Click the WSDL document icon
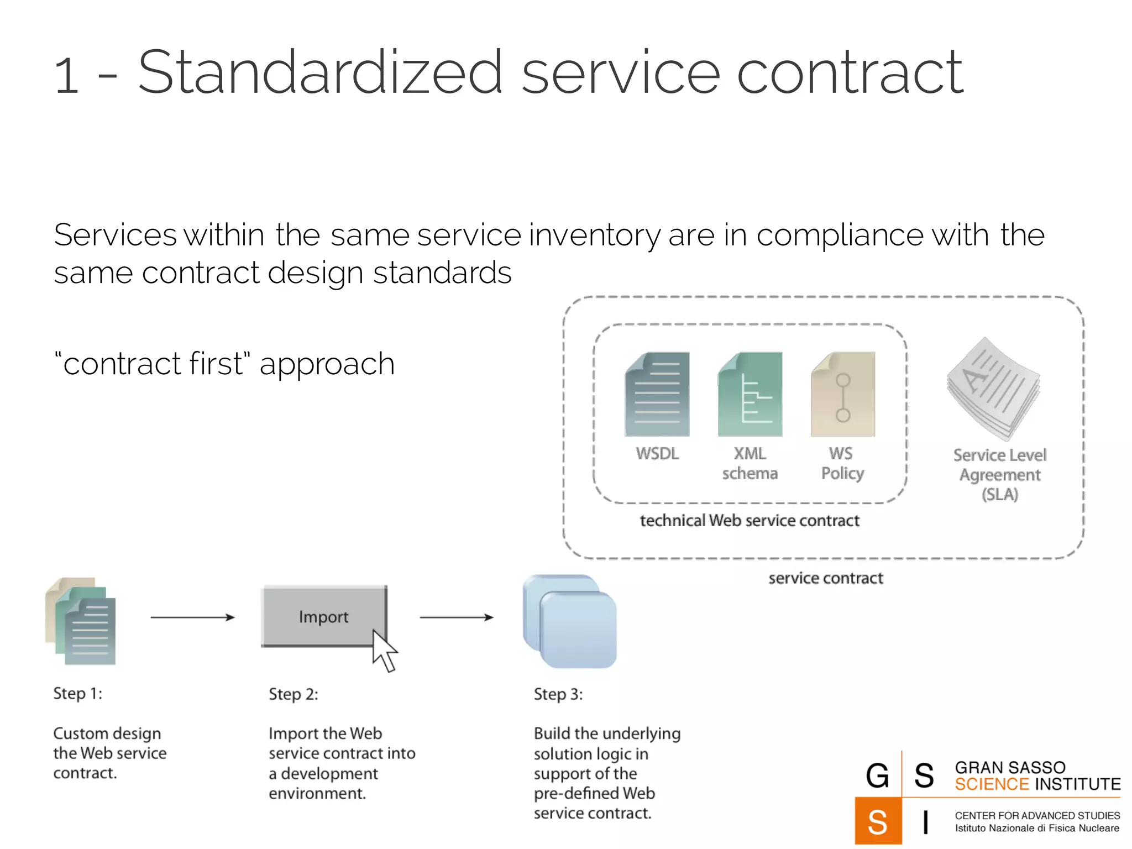click(657, 394)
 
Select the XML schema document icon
click(750, 394)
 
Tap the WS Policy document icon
click(842, 394)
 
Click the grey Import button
click(323, 616)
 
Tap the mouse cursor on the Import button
click(384, 651)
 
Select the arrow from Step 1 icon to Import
click(192, 617)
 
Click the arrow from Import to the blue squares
click(457, 617)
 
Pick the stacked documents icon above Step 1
click(81, 621)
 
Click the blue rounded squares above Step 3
click(570, 621)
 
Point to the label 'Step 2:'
click(293, 694)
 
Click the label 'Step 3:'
click(558, 694)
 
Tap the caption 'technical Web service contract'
click(750, 521)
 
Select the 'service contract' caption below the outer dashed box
click(825, 578)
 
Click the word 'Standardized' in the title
click(320, 73)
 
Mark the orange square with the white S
click(878, 821)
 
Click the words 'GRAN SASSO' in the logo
click(1010, 767)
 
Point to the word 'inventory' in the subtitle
click(594, 235)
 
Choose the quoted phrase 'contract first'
click(153, 364)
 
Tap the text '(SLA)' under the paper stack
click(999, 494)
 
